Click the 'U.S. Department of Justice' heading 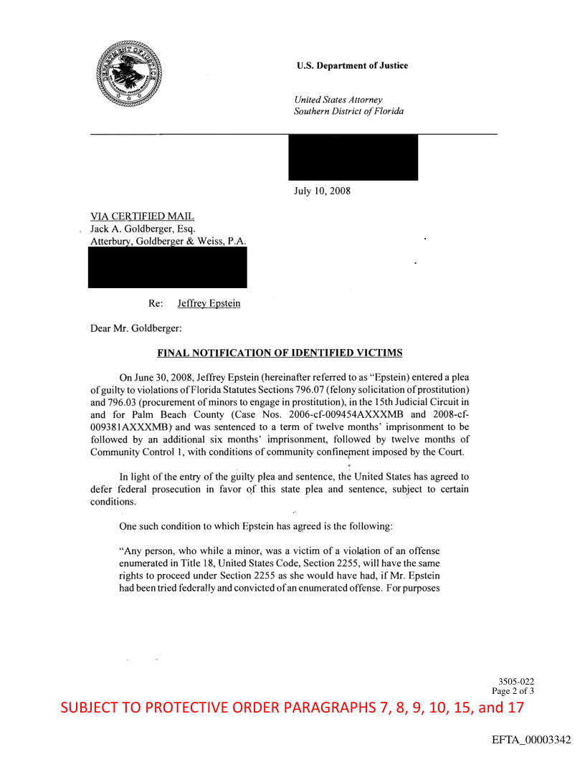[x=352, y=66]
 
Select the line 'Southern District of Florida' [x=348, y=112]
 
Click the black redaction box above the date [x=353, y=157]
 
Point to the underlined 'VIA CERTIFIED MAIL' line [x=142, y=216]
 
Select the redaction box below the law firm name [x=167, y=268]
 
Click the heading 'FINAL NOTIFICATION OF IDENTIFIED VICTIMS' [x=280, y=353]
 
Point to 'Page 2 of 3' [x=513, y=691]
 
